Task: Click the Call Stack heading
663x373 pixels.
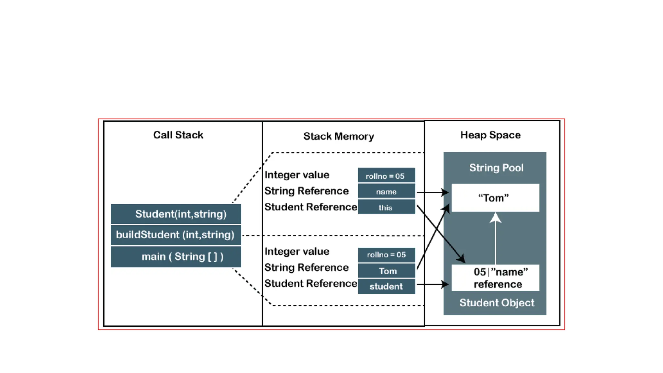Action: [x=178, y=135]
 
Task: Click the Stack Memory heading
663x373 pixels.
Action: [x=339, y=136]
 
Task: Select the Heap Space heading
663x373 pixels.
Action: [x=490, y=135]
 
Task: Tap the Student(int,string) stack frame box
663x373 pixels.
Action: [x=176, y=214]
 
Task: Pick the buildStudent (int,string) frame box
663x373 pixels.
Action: [x=176, y=235]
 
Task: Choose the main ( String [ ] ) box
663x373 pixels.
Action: [x=176, y=257]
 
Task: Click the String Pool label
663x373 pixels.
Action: [x=496, y=168]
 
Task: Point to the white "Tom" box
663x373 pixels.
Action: [x=495, y=198]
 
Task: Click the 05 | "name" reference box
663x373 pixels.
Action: [x=495, y=278]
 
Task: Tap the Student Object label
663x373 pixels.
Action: [x=497, y=303]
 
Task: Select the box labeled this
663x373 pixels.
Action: [x=386, y=207]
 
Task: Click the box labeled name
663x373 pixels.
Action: [x=386, y=192]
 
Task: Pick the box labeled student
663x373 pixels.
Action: [x=386, y=286]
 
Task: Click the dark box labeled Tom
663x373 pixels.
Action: [x=386, y=271]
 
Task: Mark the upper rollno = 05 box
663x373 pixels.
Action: [x=386, y=176]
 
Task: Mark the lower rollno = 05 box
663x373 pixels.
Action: [x=386, y=255]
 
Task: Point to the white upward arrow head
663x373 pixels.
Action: [x=495, y=218]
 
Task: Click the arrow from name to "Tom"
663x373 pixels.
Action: [x=432, y=192]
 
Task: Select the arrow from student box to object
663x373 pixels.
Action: [x=432, y=284]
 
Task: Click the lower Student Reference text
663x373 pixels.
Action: [x=310, y=284]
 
